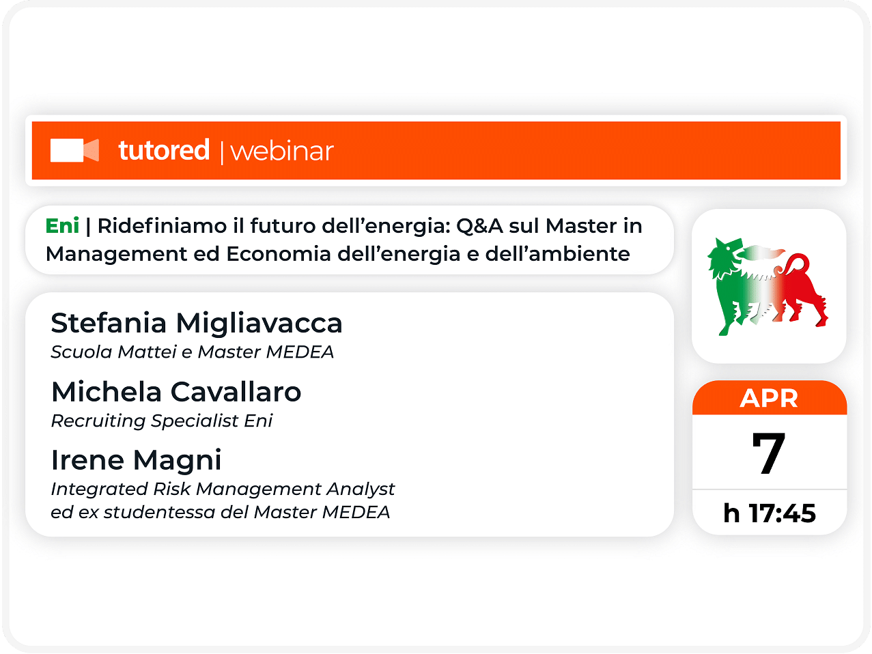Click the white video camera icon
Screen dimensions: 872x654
point(74,150)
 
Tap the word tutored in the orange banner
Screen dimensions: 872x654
point(164,150)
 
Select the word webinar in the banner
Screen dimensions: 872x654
point(282,152)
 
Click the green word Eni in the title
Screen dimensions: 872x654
point(62,225)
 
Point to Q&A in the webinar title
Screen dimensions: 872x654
point(479,227)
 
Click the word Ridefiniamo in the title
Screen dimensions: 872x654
point(162,225)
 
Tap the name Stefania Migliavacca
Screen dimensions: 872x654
point(197,323)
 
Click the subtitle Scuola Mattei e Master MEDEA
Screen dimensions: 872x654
point(193,352)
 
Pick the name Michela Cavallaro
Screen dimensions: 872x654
point(176,392)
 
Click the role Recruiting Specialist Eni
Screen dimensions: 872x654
point(162,421)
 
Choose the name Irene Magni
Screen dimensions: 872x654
point(137,461)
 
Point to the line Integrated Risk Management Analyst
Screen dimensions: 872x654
point(223,489)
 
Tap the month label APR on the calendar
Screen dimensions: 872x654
point(769,398)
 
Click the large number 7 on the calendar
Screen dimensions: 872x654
point(769,453)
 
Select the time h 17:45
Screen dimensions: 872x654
point(770,513)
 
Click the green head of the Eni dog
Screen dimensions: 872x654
point(725,256)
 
